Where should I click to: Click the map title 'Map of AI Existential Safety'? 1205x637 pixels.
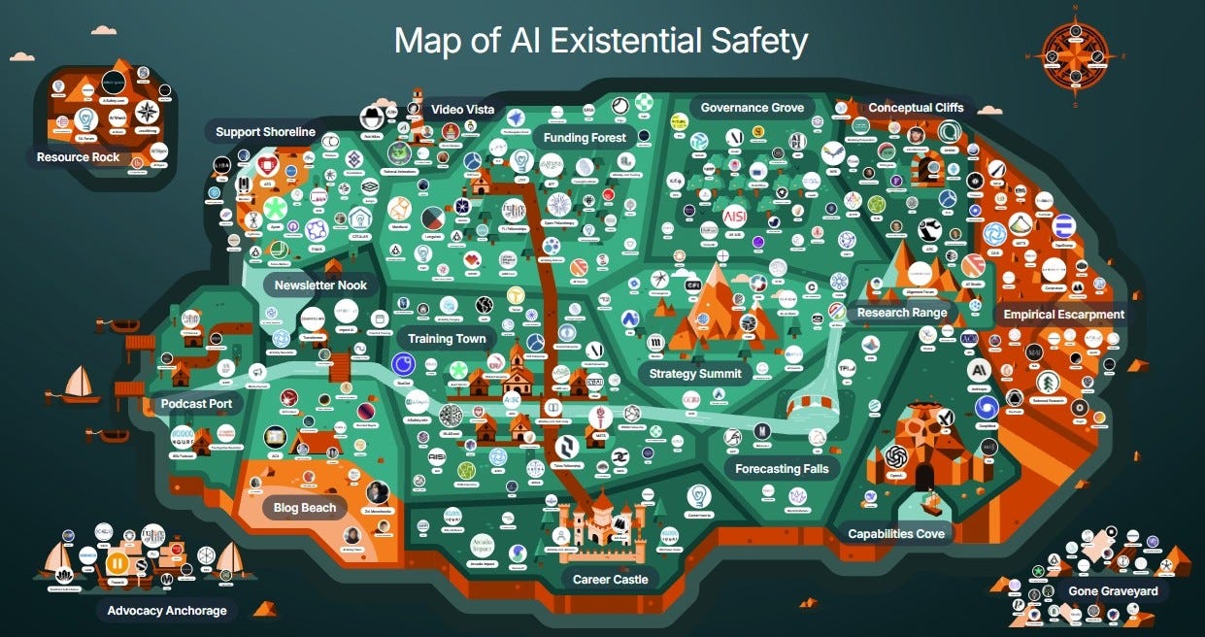click(x=601, y=42)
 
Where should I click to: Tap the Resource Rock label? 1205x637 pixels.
click(x=78, y=157)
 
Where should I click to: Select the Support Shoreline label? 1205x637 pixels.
click(x=265, y=132)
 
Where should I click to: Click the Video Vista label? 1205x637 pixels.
click(x=463, y=110)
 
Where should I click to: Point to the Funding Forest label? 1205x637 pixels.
click(x=585, y=137)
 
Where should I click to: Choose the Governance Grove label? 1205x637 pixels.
click(x=752, y=108)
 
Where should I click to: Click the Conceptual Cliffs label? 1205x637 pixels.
click(x=916, y=108)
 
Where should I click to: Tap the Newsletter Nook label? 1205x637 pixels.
click(x=320, y=285)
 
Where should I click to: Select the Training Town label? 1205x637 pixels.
click(x=446, y=339)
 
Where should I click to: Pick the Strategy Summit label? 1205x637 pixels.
click(x=694, y=373)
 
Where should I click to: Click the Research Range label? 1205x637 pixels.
click(x=902, y=313)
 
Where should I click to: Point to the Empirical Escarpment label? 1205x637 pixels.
click(x=1064, y=315)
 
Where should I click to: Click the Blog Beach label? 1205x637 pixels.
click(x=305, y=507)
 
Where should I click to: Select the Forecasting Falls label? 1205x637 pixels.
click(x=782, y=469)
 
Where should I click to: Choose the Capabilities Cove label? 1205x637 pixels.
click(x=895, y=533)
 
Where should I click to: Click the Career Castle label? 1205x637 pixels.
click(x=611, y=579)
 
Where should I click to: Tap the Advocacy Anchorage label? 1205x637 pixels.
click(x=167, y=611)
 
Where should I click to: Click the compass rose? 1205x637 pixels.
click(x=1075, y=54)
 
